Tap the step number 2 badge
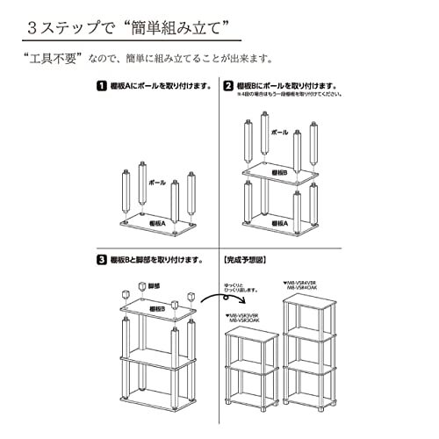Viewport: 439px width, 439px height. (x=228, y=86)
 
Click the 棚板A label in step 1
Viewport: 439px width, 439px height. (x=155, y=222)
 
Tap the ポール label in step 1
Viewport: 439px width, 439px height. (x=157, y=183)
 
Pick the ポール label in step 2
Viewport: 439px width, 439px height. (x=279, y=133)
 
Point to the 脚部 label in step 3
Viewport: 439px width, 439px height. (x=155, y=286)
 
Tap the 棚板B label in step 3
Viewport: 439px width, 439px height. (x=155, y=309)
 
